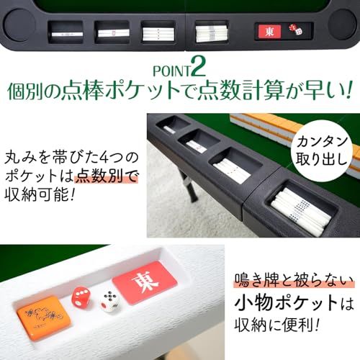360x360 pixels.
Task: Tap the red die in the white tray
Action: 81,296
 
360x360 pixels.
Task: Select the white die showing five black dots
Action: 109,302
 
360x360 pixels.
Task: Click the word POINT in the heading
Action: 174,71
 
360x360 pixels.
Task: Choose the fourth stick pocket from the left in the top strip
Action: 211,32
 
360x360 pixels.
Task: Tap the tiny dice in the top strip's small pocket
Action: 295,30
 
